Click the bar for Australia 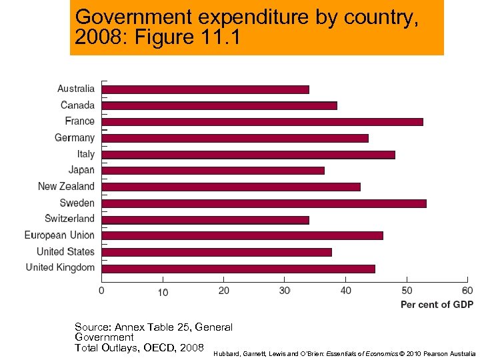pyautogui.click(x=205, y=89)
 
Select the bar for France pyautogui.click(x=262, y=121)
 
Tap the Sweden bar pyautogui.click(x=264, y=203)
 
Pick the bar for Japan pyautogui.click(x=213, y=171)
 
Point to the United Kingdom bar pyautogui.click(x=238, y=269)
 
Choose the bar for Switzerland pyautogui.click(x=205, y=219)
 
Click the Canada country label pyautogui.click(x=77, y=105)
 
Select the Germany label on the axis pyautogui.click(x=75, y=137)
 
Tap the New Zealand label pyautogui.click(x=66, y=186)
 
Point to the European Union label pyautogui.click(x=59, y=235)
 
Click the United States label pyautogui.click(x=65, y=251)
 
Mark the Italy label pyautogui.click(x=85, y=154)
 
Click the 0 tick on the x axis pyautogui.click(x=101, y=291)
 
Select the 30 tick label pyautogui.click(x=285, y=291)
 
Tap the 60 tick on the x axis pyautogui.click(x=467, y=291)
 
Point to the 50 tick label pyautogui.click(x=407, y=291)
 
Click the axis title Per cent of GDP pyautogui.click(x=437, y=305)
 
